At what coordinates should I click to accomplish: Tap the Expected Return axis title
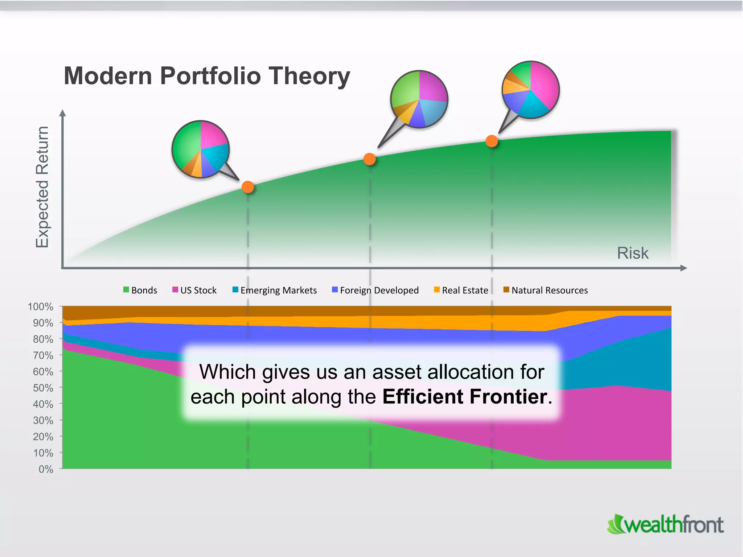point(42,187)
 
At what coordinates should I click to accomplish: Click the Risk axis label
point(633,253)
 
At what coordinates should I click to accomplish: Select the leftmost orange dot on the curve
point(248,187)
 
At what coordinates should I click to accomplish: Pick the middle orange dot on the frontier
point(369,159)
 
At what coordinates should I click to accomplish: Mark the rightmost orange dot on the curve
point(492,141)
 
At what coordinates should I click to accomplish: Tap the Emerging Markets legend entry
point(275,290)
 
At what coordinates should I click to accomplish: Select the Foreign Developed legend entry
point(375,290)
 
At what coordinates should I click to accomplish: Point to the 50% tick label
point(43,388)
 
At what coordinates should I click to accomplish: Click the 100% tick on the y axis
point(41,306)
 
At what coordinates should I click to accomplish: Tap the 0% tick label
point(46,469)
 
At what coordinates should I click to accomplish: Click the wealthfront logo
point(665,525)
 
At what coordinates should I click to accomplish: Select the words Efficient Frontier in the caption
point(465,396)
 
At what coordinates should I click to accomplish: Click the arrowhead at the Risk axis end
point(684,268)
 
